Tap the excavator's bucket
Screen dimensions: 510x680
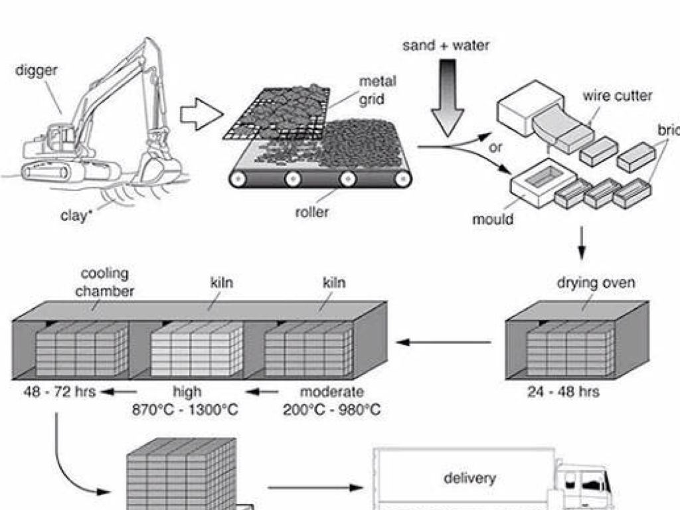(x=159, y=169)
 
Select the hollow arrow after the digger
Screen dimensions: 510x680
(x=201, y=116)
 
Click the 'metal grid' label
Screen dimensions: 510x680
(x=378, y=90)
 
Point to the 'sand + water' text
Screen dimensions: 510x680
(x=446, y=46)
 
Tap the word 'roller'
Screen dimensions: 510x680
(x=312, y=212)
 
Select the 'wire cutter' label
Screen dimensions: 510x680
(x=617, y=96)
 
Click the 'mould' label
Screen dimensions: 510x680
(x=493, y=218)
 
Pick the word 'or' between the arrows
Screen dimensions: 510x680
(x=495, y=147)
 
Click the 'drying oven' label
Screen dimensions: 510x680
(x=596, y=283)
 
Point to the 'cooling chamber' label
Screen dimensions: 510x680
(x=104, y=282)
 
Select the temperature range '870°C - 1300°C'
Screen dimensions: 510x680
(x=186, y=409)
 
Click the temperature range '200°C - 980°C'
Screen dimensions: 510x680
(x=331, y=409)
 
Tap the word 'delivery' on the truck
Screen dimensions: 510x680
(x=469, y=477)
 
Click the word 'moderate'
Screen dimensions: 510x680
(x=331, y=392)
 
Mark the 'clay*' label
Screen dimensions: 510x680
(x=75, y=215)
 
